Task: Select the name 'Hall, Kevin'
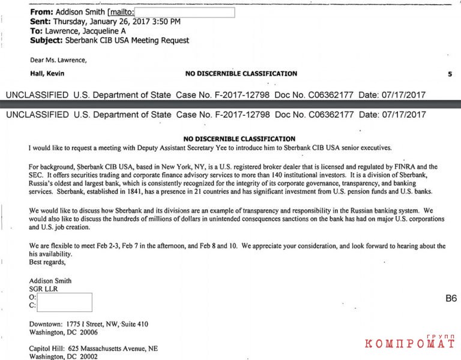(x=47, y=74)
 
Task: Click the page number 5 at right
(x=450, y=74)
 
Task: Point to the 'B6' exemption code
(x=450, y=298)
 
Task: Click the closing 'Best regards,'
(x=47, y=262)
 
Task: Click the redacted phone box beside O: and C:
(x=64, y=302)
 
